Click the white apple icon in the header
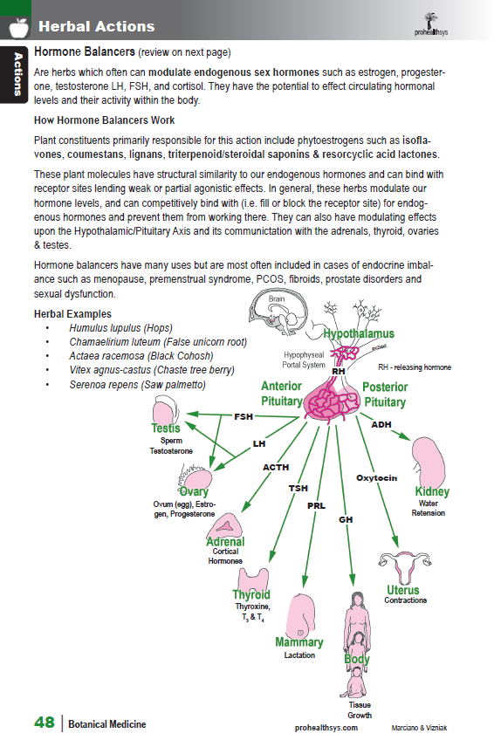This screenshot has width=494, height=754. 19,28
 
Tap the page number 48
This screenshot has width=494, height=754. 45,723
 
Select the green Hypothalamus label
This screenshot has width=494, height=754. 359,333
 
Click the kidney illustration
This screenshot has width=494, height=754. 428,463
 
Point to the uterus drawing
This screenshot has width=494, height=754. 404,567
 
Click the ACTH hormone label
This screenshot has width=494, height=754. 276,468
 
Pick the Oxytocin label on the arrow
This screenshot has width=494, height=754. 377,478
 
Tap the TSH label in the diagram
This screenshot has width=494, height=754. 298,488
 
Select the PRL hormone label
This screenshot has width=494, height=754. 317,506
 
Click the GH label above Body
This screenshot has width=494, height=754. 346,520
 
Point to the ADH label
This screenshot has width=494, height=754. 381,425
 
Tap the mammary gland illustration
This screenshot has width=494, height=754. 300,615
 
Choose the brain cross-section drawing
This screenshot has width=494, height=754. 278,313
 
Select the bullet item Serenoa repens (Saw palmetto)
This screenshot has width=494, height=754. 137,385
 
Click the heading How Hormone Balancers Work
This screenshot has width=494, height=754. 105,120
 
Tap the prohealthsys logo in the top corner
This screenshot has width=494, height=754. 431,24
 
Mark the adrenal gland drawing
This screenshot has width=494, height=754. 224,525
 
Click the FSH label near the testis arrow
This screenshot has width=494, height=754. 244,417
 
